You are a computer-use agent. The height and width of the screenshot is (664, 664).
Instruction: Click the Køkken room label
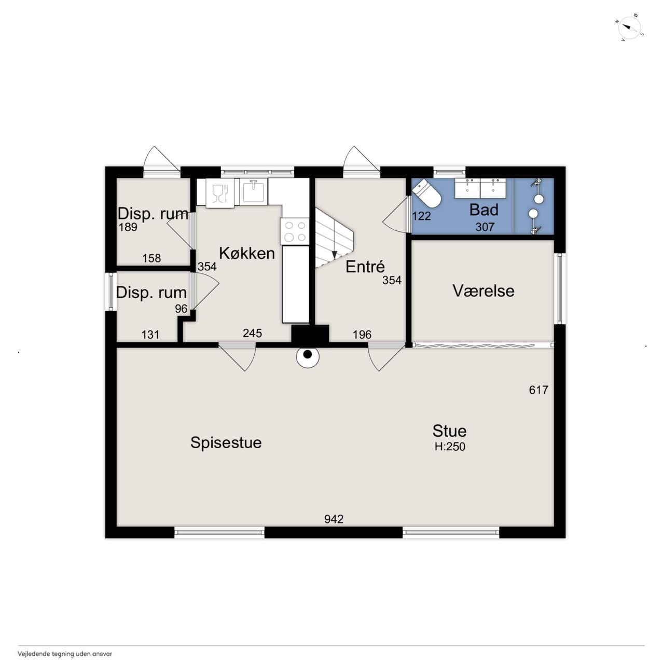point(247,253)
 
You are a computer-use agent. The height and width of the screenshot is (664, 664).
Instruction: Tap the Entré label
point(365,267)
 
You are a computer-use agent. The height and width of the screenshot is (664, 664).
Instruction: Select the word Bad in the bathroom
point(484,210)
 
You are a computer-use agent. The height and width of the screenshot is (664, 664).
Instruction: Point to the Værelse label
point(483,290)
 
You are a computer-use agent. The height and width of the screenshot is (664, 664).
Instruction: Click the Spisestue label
point(226,443)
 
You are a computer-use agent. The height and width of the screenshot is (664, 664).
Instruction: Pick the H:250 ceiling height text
point(450,447)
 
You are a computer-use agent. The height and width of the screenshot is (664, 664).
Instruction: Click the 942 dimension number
point(334,519)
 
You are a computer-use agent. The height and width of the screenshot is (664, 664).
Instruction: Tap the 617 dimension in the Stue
point(538,390)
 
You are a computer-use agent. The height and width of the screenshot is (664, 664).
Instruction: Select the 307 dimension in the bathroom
point(485,227)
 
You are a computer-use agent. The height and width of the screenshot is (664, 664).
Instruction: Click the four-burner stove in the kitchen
point(295,231)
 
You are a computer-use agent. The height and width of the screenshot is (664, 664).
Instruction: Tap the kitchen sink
point(254,191)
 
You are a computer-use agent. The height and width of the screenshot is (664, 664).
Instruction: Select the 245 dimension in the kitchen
point(252,333)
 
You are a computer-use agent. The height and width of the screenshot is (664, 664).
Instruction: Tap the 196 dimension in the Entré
point(362,334)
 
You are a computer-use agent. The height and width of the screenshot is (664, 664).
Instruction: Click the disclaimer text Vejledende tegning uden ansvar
point(65,654)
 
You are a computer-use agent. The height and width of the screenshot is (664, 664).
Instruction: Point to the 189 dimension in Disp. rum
point(128,227)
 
